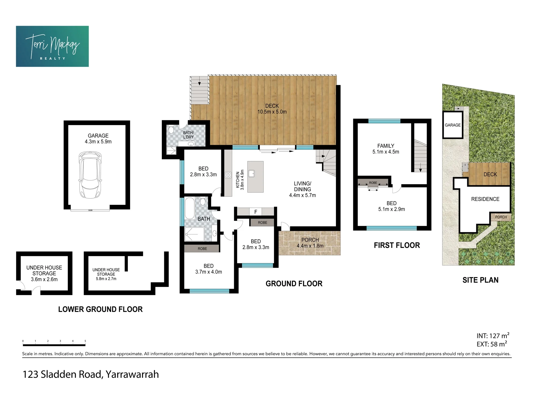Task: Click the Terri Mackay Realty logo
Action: pos(52,46)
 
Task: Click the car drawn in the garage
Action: pos(90,175)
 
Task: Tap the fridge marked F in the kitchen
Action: pos(256,212)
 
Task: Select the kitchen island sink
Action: pos(252,173)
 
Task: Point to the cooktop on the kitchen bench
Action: pos(228,175)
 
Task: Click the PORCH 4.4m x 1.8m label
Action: pos(310,243)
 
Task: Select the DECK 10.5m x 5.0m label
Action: pos(272,109)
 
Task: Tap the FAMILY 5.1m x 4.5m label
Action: pos(386,149)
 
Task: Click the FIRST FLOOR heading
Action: pos(397,245)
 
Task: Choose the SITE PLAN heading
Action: pos(480,280)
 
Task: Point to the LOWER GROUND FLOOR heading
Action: pos(100,309)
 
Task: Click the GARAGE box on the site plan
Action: pos(453,125)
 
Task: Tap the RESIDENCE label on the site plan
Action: pos(485,199)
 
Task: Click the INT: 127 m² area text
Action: pos(493,336)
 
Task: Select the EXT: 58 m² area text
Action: pos(492,344)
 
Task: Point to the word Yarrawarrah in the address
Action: pos(132,375)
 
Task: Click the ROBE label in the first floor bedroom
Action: pos(373,183)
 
